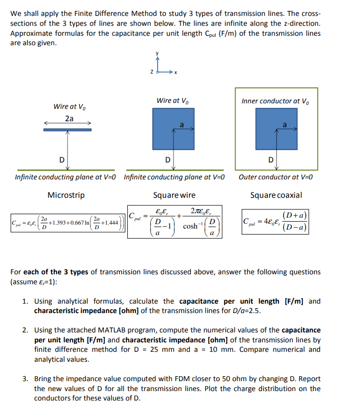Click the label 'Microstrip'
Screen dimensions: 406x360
66,195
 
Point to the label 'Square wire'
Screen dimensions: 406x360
174,195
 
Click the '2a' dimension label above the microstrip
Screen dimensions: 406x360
69,119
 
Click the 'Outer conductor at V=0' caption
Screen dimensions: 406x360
275,176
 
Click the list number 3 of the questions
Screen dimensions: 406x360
25,379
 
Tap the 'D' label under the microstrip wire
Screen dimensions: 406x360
62,160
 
